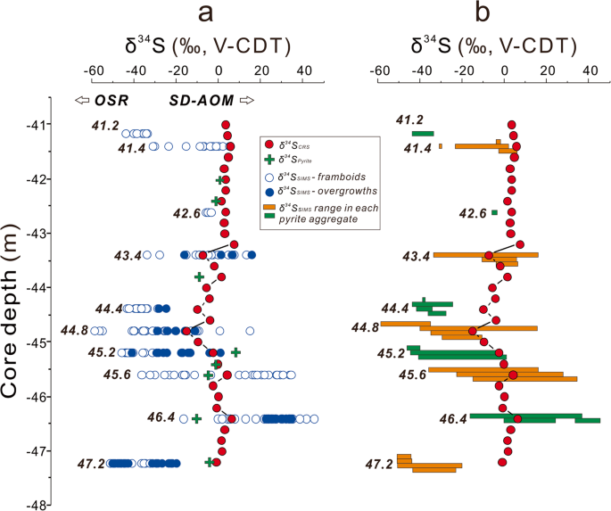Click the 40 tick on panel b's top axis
pos(589,72)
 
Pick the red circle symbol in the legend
pos(268,144)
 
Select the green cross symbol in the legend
pos(268,159)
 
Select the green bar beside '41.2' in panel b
pos(422,133)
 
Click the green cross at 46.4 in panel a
pos(196,418)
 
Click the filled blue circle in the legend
pos(268,190)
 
